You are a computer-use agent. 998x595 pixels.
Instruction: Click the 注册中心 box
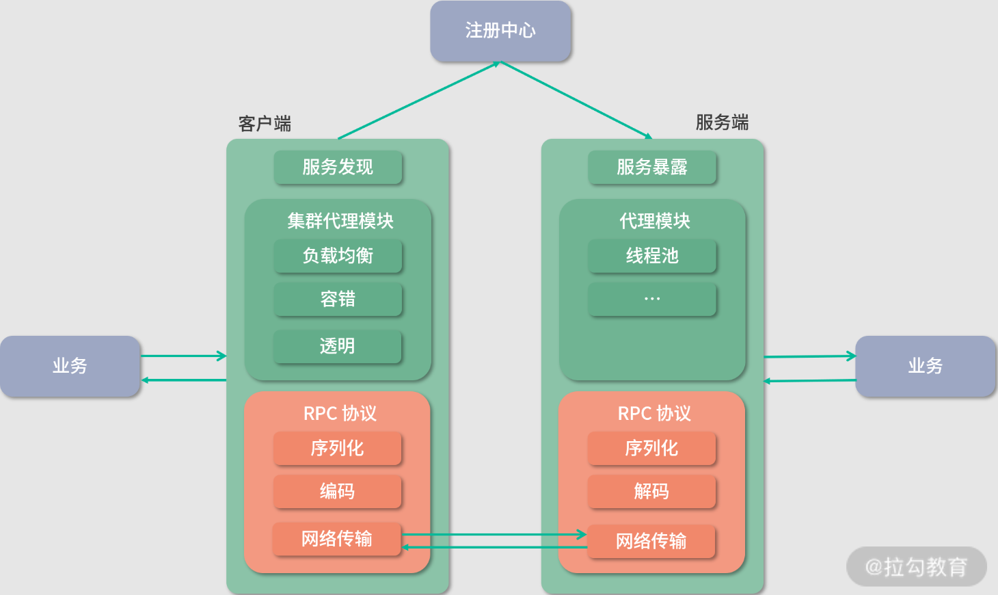point(500,31)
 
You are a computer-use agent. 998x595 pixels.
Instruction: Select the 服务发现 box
point(338,168)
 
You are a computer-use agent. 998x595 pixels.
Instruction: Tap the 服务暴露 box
point(652,168)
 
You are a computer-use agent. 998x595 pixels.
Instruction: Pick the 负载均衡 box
point(338,256)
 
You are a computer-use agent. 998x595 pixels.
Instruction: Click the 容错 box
point(338,299)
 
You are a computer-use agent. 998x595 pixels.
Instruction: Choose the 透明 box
point(338,346)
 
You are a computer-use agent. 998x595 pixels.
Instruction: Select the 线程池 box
point(652,256)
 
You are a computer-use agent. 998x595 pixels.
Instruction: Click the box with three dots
point(652,299)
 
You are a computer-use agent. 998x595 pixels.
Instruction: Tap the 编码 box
point(338,491)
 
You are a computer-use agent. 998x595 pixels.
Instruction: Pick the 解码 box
point(652,491)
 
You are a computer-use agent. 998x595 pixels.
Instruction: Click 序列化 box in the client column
point(338,448)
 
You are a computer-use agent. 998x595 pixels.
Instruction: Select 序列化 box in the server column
point(652,448)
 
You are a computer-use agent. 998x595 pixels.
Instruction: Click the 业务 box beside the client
point(70,366)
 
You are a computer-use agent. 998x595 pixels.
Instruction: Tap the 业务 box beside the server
point(926,366)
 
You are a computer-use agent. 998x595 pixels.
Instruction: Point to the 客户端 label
point(265,124)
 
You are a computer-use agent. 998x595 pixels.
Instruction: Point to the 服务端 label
point(722,122)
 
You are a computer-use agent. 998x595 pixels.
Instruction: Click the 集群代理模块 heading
point(340,221)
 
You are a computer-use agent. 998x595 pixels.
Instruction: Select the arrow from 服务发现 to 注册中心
point(418,101)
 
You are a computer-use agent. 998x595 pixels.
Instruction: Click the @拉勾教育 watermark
point(916,566)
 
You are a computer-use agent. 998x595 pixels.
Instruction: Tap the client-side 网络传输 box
point(337,539)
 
